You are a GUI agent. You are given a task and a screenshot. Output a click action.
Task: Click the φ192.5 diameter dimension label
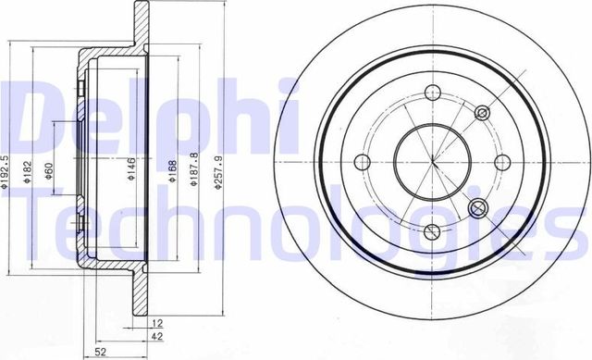pos(6,171)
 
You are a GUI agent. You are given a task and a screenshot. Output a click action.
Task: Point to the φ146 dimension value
pos(132,171)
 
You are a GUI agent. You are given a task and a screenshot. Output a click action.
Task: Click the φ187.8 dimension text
pos(194,171)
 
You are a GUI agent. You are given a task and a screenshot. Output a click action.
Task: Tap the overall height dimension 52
pos(99,352)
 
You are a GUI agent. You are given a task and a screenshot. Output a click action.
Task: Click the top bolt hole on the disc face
pos(431,92)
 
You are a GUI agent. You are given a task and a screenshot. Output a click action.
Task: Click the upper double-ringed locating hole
pos(481,112)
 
